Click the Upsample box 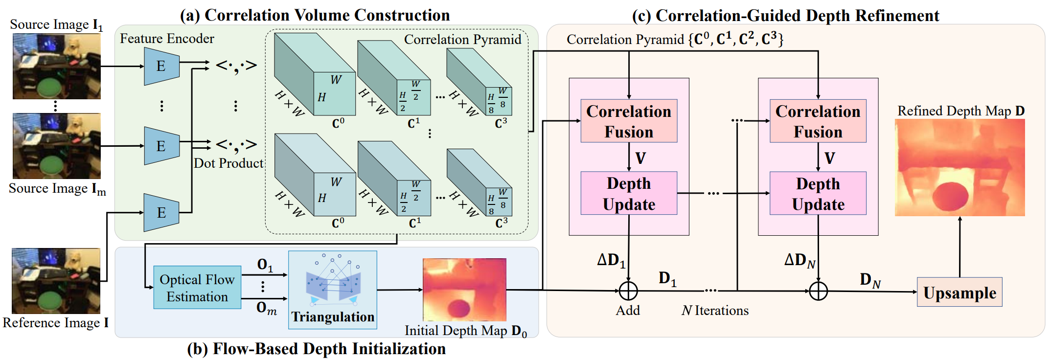coord(959,292)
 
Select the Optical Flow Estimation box coord(197,288)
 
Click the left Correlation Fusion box coord(629,121)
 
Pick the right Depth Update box coord(818,193)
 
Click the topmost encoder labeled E coord(161,66)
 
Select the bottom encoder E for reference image coord(161,213)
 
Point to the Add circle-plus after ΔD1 coord(628,291)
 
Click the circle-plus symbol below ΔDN coord(818,291)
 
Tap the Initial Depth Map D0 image coord(464,290)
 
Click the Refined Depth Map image coord(959,167)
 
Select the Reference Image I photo coord(56,281)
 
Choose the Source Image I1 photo coord(57,66)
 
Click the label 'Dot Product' coord(228,163)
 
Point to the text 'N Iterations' coord(715,311)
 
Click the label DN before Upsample coord(869,280)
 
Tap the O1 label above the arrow coord(265,265)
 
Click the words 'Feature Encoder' coord(167,39)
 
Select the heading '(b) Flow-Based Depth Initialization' coord(316,349)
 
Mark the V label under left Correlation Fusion coord(640,158)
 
